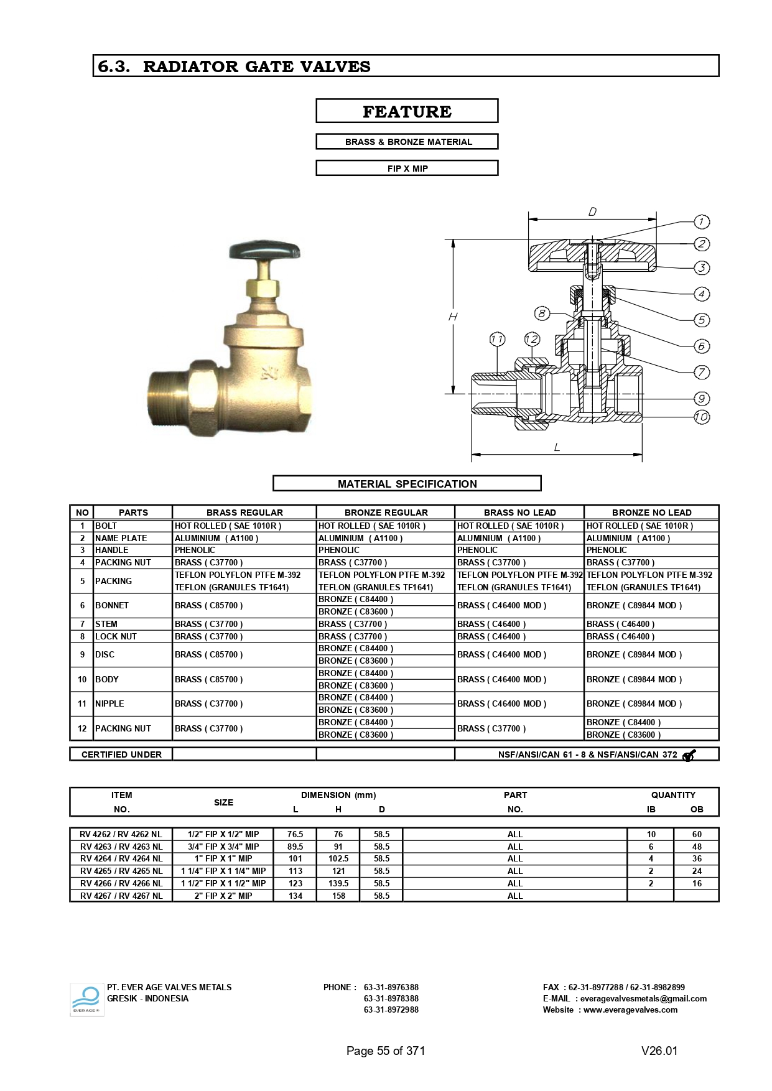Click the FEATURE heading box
click(407, 111)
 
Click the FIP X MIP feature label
click(407, 169)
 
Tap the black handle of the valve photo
click(264, 251)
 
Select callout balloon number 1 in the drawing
click(701, 222)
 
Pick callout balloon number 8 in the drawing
click(542, 313)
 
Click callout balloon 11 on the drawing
click(497, 339)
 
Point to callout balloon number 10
click(701, 417)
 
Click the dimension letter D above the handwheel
click(592, 212)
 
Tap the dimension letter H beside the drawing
click(453, 317)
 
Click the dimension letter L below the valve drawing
click(557, 447)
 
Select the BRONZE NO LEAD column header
click(651, 513)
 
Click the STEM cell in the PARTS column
click(106, 624)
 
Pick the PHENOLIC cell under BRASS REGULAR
click(195, 550)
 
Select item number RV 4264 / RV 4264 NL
click(121, 858)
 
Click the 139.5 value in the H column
click(338, 883)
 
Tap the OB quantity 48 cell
click(697, 847)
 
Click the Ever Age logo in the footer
click(86, 1000)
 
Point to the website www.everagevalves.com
click(630, 1010)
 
